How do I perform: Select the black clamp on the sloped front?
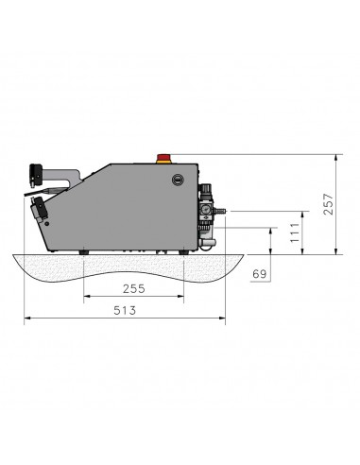coord(41,210)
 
